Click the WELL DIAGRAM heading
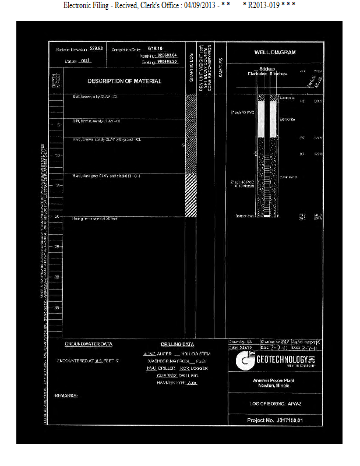point(275,52)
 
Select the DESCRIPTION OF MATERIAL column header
point(124,82)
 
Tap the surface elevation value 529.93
point(96,48)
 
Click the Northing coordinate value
point(164,54)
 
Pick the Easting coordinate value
point(164,61)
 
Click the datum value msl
point(85,61)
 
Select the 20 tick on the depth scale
point(57,217)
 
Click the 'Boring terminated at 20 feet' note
point(95,218)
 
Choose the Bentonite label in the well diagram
point(287,119)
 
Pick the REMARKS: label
point(66,396)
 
